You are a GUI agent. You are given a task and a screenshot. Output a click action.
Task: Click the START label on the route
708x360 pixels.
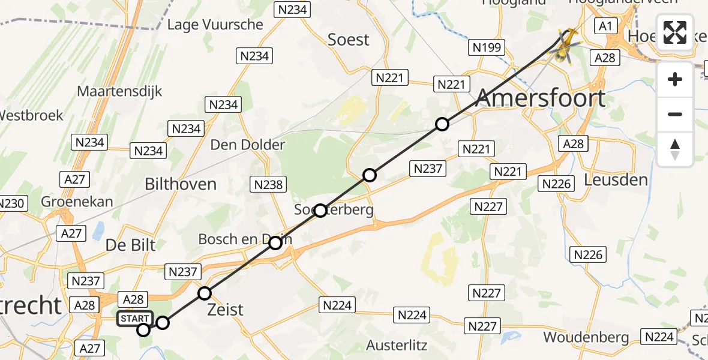click(134, 319)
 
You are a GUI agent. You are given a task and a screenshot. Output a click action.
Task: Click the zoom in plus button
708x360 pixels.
click(675, 79)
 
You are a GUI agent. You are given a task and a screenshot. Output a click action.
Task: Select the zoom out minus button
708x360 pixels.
click(675, 114)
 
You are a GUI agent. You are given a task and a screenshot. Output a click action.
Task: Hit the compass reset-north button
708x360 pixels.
click(675, 149)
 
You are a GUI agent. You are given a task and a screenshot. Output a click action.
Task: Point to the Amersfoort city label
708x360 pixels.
click(540, 98)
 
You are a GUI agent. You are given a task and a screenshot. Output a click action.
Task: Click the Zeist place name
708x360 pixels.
click(225, 310)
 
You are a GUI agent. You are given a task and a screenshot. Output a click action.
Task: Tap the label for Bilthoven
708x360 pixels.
click(181, 184)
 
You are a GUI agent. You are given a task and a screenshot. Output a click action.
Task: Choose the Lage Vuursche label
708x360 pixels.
click(215, 25)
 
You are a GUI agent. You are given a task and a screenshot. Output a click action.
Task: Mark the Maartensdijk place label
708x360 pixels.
click(119, 92)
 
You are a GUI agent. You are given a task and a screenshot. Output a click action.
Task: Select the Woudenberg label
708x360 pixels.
click(586, 337)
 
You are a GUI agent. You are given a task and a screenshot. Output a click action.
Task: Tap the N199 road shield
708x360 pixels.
click(487, 48)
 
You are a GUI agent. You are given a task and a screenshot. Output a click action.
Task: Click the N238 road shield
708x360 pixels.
click(268, 185)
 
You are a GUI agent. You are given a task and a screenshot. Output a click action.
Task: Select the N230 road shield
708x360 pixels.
click(11, 203)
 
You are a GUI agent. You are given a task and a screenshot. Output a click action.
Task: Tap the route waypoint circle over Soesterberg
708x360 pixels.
click(320, 211)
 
